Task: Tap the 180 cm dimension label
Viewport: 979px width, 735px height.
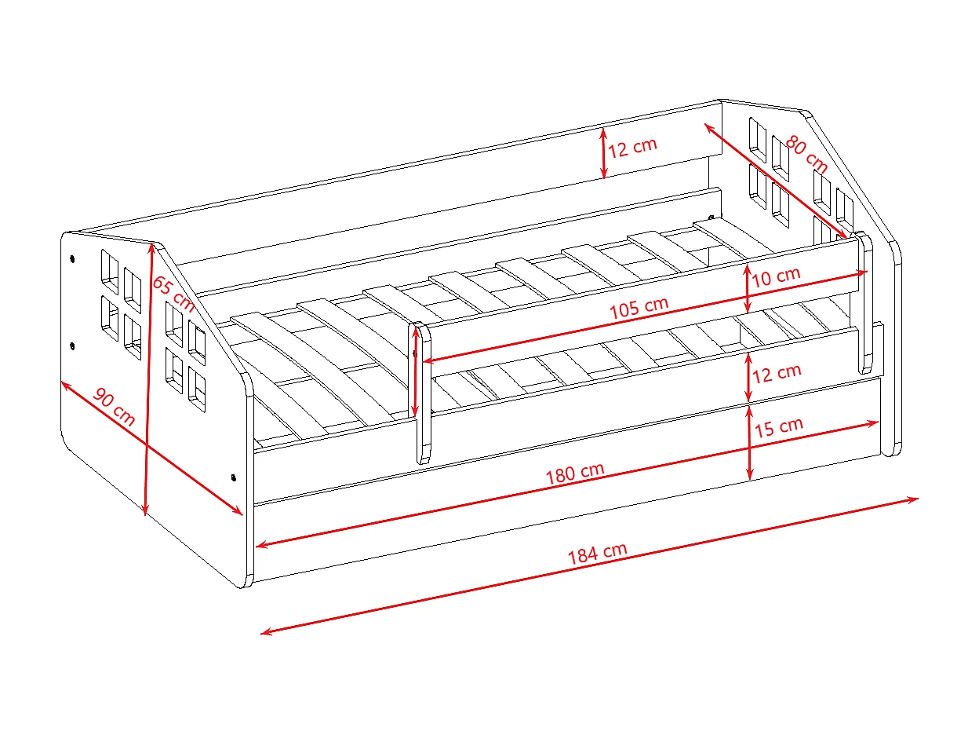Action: (x=574, y=474)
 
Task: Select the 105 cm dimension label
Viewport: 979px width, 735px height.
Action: (x=639, y=307)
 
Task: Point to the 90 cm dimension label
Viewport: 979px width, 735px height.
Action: (x=115, y=407)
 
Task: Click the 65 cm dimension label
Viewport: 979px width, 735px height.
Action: (x=173, y=293)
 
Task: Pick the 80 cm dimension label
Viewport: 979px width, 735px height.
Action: (x=806, y=155)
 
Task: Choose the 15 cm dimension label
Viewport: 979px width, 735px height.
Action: (x=778, y=427)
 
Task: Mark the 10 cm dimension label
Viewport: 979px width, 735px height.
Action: (x=776, y=276)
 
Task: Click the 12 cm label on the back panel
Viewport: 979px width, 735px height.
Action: (x=631, y=147)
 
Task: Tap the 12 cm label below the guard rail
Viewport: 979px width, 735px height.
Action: (x=777, y=373)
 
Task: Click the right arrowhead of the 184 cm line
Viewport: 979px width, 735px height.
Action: (x=915, y=499)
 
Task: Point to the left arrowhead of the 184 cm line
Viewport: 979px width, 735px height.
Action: (x=264, y=632)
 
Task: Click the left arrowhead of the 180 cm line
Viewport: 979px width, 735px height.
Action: (x=260, y=544)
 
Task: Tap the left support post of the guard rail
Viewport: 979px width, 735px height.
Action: (x=424, y=393)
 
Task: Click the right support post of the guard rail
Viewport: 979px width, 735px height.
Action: (x=865, y=302)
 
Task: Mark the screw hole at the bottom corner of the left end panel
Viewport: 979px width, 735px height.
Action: (x=233, y=476)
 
